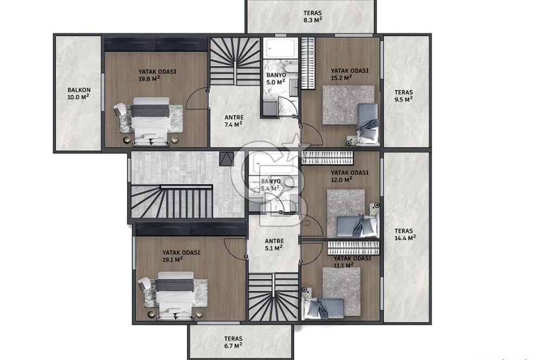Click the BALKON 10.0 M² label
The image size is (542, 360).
(79, 94)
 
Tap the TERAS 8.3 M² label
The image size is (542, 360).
(313, 16)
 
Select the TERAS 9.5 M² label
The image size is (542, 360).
(404, 96)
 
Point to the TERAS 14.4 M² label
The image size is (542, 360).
(405, 234)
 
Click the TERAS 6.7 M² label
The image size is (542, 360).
(233, 342)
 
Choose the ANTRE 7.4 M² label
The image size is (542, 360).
(234, 121)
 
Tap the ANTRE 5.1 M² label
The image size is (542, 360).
(274, 245)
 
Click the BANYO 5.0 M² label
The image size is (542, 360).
(276, 79)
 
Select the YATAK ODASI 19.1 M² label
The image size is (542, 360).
(181, 256)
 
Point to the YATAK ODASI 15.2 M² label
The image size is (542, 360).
(350, 74)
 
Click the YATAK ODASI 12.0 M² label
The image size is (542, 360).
(350, 176)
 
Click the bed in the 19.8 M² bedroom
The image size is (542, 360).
(151, 121)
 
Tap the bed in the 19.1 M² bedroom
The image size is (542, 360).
(175, 295)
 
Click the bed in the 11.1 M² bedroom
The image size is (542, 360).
(323, 308)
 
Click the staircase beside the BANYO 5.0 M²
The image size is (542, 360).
(235, 61)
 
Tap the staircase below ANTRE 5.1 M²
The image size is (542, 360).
(273, 297)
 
